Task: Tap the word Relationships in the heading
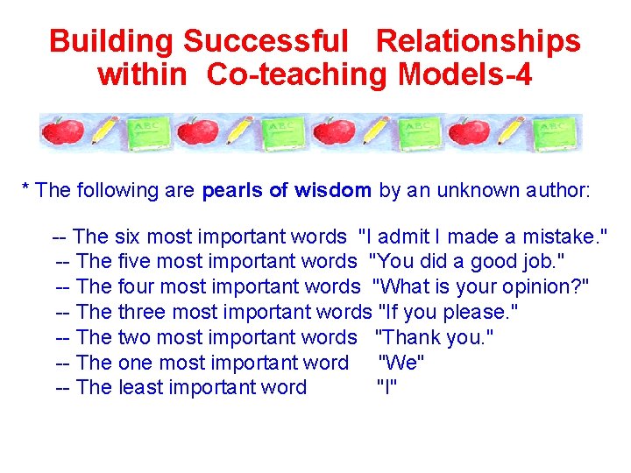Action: (478, 41)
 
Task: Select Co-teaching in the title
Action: (298, 74)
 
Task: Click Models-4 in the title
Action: (464, 74)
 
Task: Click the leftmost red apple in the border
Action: (62, 132)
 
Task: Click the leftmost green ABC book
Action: (146, 133)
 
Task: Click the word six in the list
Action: (127, 236)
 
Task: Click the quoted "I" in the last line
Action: (386, 388)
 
